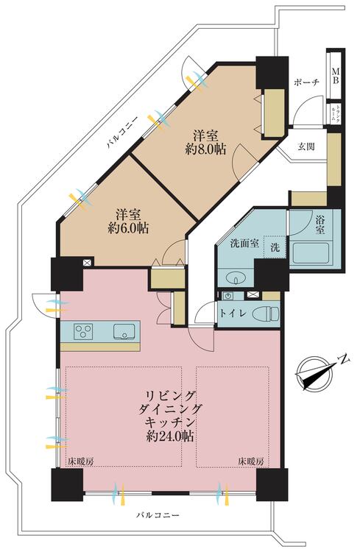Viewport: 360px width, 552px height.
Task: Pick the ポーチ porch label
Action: click(305, 82)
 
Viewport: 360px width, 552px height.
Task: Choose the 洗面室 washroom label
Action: click(243, 244)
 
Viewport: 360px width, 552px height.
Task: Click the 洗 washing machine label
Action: click(273, 247)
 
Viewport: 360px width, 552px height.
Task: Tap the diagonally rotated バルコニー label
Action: click(117, 135)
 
